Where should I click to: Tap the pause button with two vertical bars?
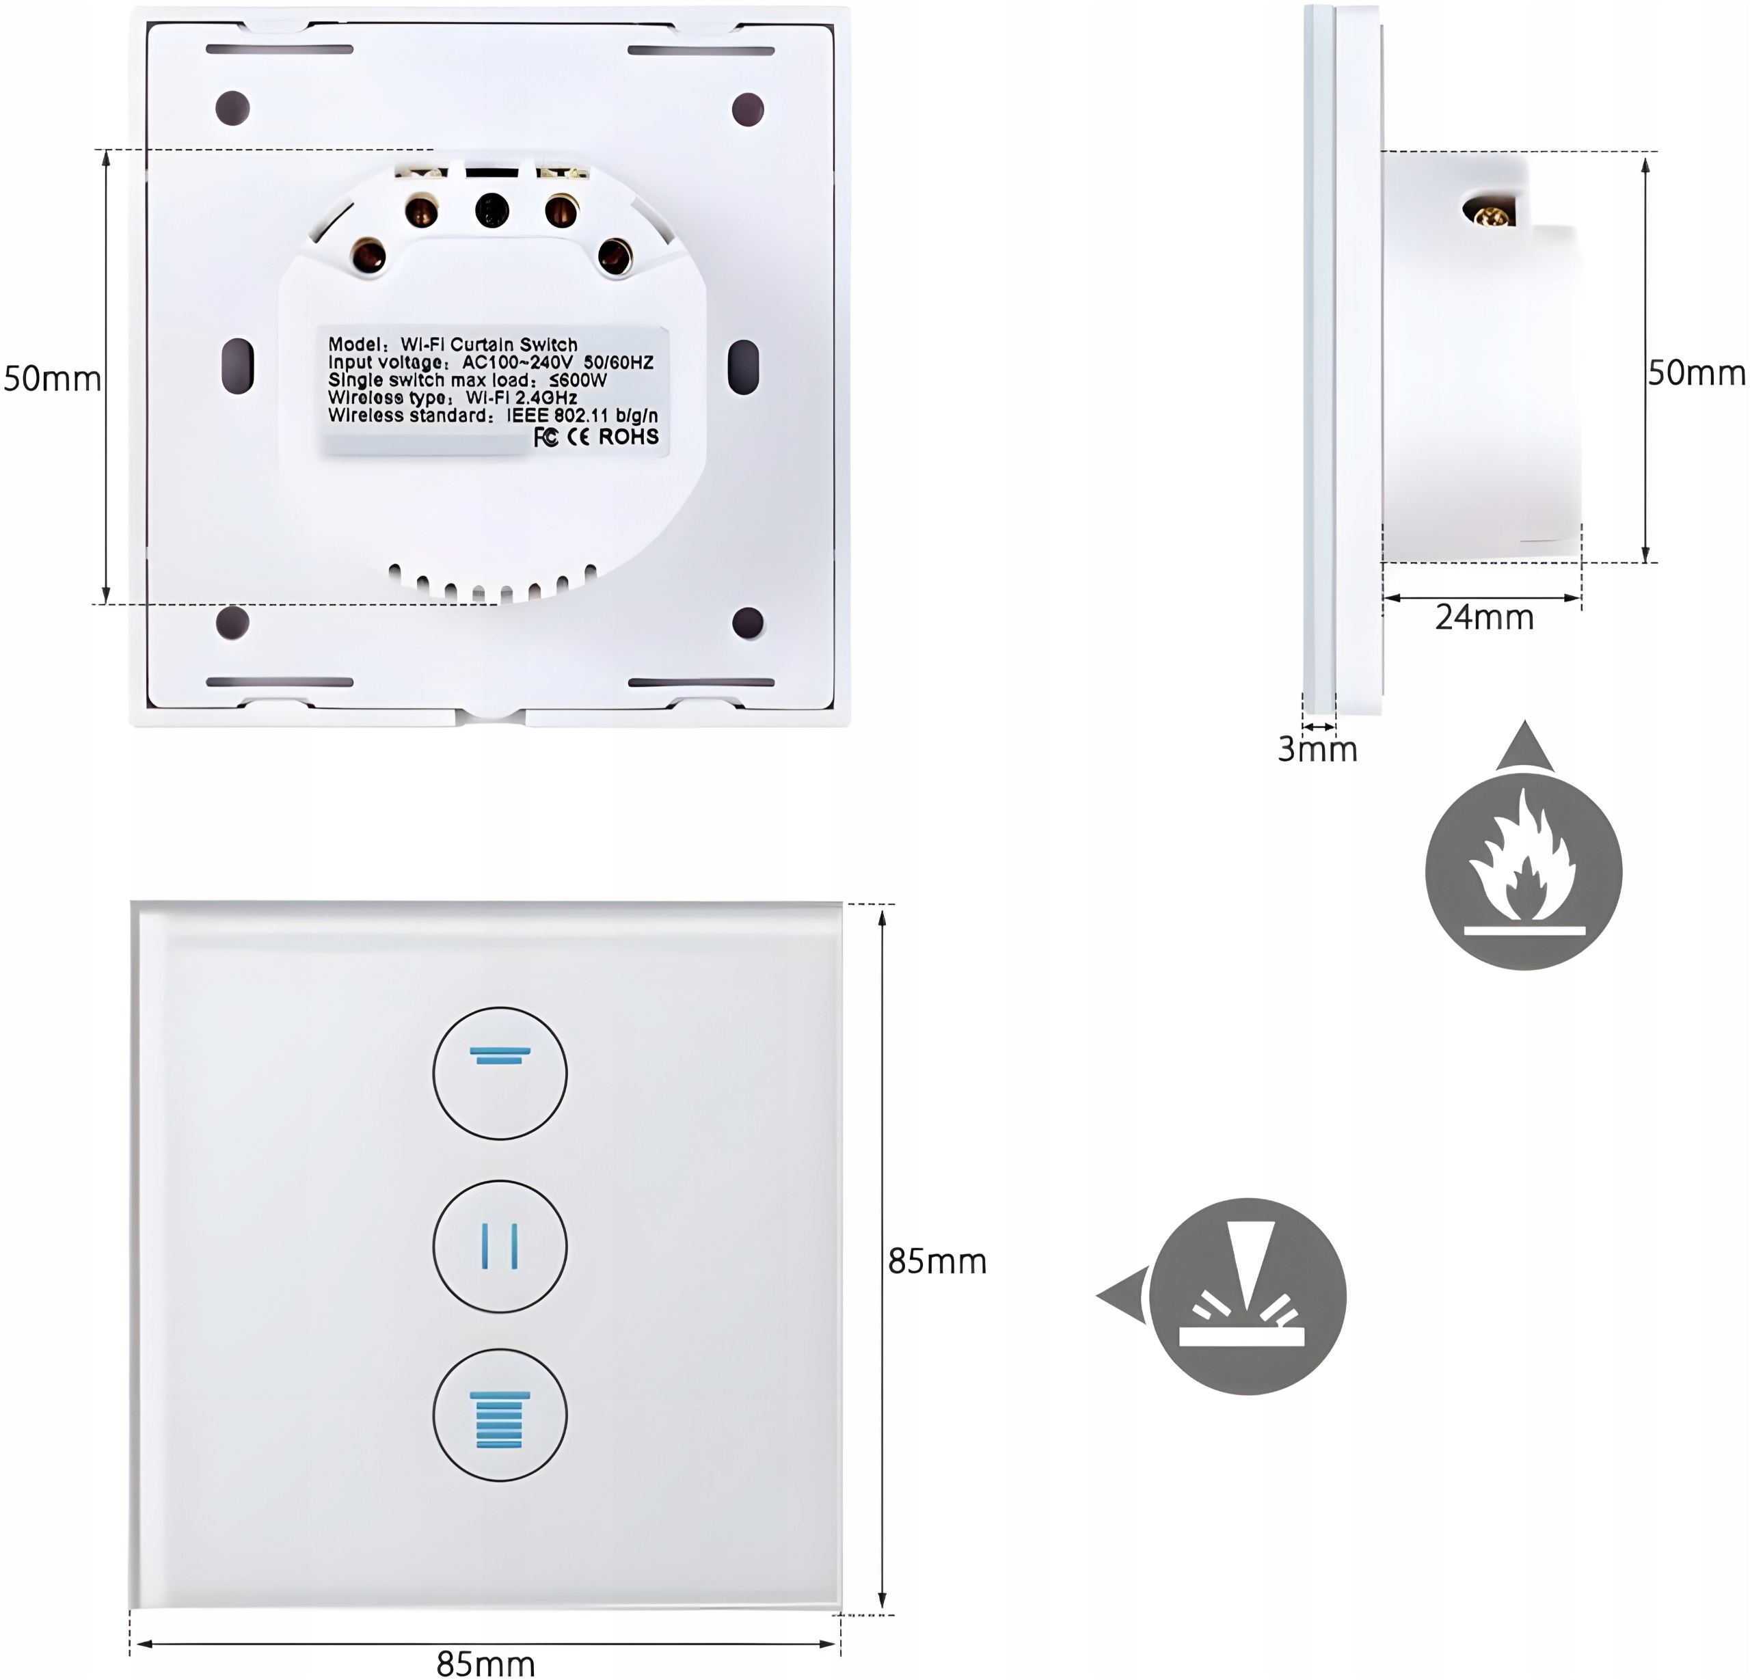pyautogui.click(x=500, y=1246)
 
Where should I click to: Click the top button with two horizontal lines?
pyautogui.click(x=500, y=1073)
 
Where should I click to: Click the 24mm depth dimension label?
pyautogui.click(x=1484, y=618)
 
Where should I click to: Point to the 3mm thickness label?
pyautogui.click(x=1317, y=750)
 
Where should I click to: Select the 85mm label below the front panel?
pyautogui.click(x=486, y=1664)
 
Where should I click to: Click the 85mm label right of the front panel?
pyautogui.click(x=937, y=1261)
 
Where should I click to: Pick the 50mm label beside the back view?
pyautogui.click(x=52, y=379)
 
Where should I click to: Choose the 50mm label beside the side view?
pyautogui.click(x=1695, y=373)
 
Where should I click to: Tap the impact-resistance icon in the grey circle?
pyautogui.click(x=1248, y=1296)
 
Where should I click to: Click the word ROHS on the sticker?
pyautogui.click(x=629, y=437)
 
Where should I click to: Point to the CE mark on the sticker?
pyautogui.click(x=578, y=437)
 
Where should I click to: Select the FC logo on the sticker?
pyautogui.click(x=546, y=437)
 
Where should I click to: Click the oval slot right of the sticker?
pyautogui.click(x=743, y=365)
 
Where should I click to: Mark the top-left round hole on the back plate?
pyautogui.click(x=233, y=108)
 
